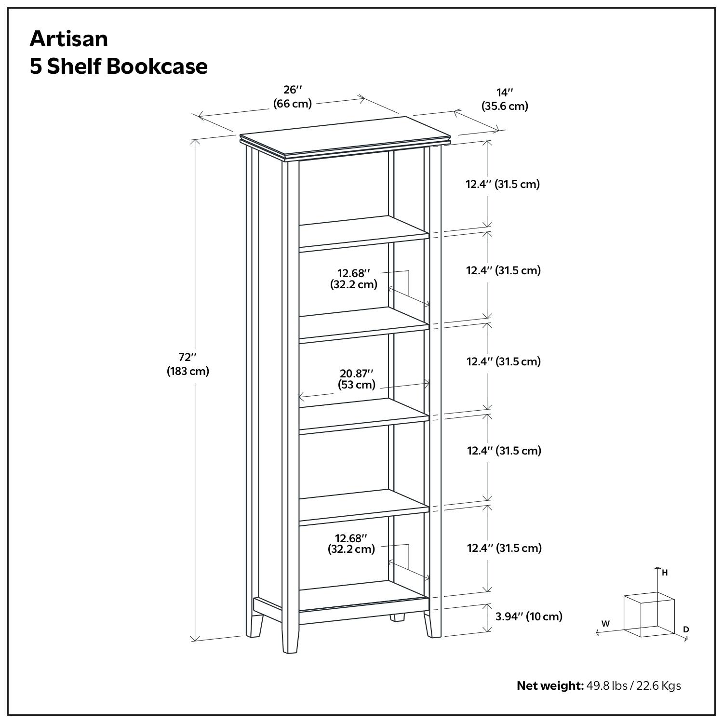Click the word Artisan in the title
tap(69, 39)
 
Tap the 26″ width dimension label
tap(293, 96)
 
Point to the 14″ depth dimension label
tap(505, 99)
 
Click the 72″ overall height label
tap(188, 364)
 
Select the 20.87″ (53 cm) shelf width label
tap(357, 379)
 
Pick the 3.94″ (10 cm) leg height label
tap(529, 616)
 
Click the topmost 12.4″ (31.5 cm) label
tap(502, 184)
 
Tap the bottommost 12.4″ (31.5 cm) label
tap(504, 548)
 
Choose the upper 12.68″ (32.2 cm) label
tap(354, 279)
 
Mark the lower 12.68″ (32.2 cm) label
tap(352, 544)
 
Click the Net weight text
tap(549, 685)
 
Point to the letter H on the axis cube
tap(665, 573)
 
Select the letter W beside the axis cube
tap(605, 624)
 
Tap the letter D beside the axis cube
tap(686, 629)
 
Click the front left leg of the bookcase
tap(290, 636)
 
